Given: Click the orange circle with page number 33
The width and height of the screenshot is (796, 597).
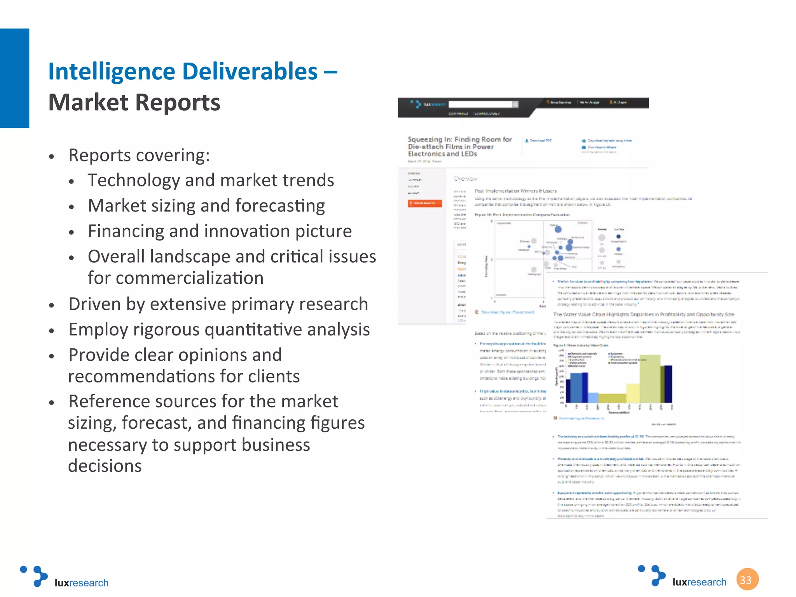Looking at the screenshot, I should click(747, 580).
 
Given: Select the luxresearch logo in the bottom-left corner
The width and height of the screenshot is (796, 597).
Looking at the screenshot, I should click(65, 577).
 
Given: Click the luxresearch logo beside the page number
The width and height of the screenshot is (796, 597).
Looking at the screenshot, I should click(683, 577).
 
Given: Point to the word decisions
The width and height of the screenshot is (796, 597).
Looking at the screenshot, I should click(105, 466).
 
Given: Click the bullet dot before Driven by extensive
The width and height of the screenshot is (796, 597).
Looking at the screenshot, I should click(52, 305).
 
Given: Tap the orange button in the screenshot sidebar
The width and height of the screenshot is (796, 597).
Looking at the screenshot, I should click(425, 203).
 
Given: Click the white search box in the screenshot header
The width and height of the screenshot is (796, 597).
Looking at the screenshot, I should click(480, 104).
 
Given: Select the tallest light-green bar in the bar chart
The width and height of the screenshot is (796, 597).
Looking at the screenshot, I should click(650, 379).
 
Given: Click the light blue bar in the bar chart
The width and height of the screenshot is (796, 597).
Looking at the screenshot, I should click(593, 398).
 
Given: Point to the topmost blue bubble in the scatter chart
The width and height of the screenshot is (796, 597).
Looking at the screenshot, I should click(558, 229).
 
